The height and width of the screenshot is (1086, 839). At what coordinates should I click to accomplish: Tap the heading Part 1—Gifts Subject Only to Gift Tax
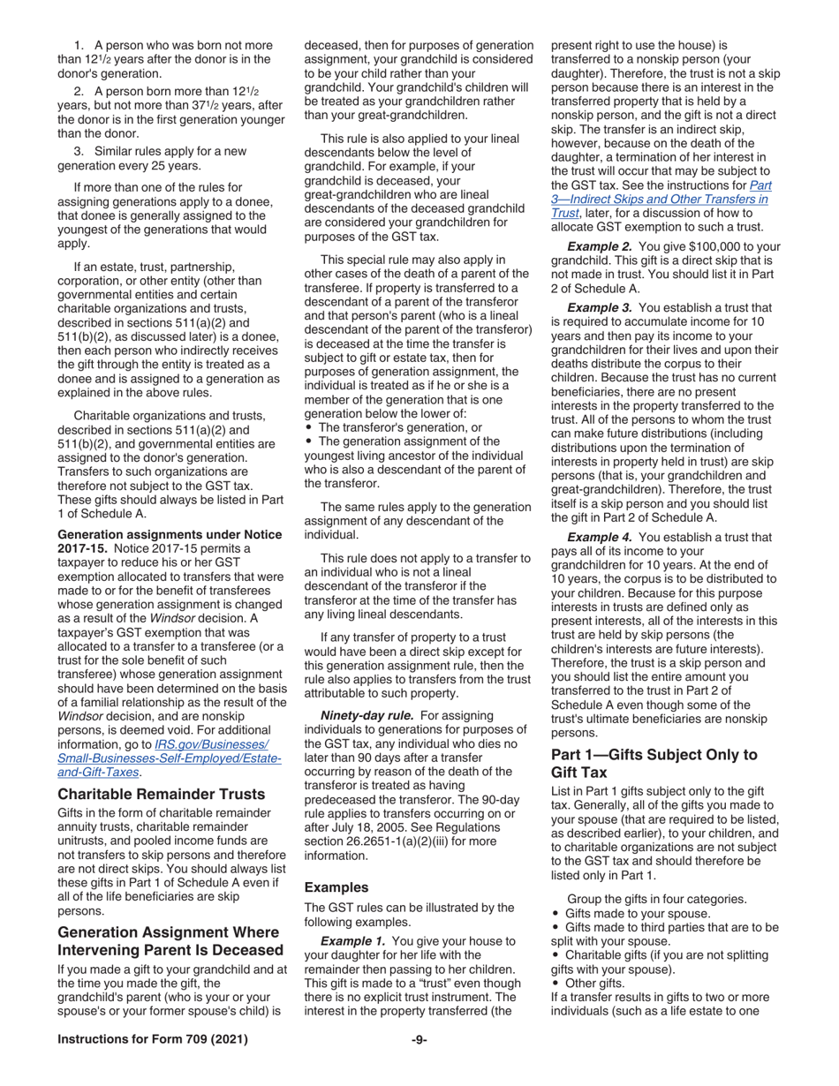pyautogui.click(x=654, y=763)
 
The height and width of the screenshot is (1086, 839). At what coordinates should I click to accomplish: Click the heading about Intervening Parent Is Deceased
pyautogui.click(x=170, y=941)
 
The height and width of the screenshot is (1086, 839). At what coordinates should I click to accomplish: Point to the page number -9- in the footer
pyautogui.click(x=419, y=1039)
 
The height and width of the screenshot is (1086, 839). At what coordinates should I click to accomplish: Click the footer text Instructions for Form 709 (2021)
pyautogui.click(x=152, y=1039)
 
